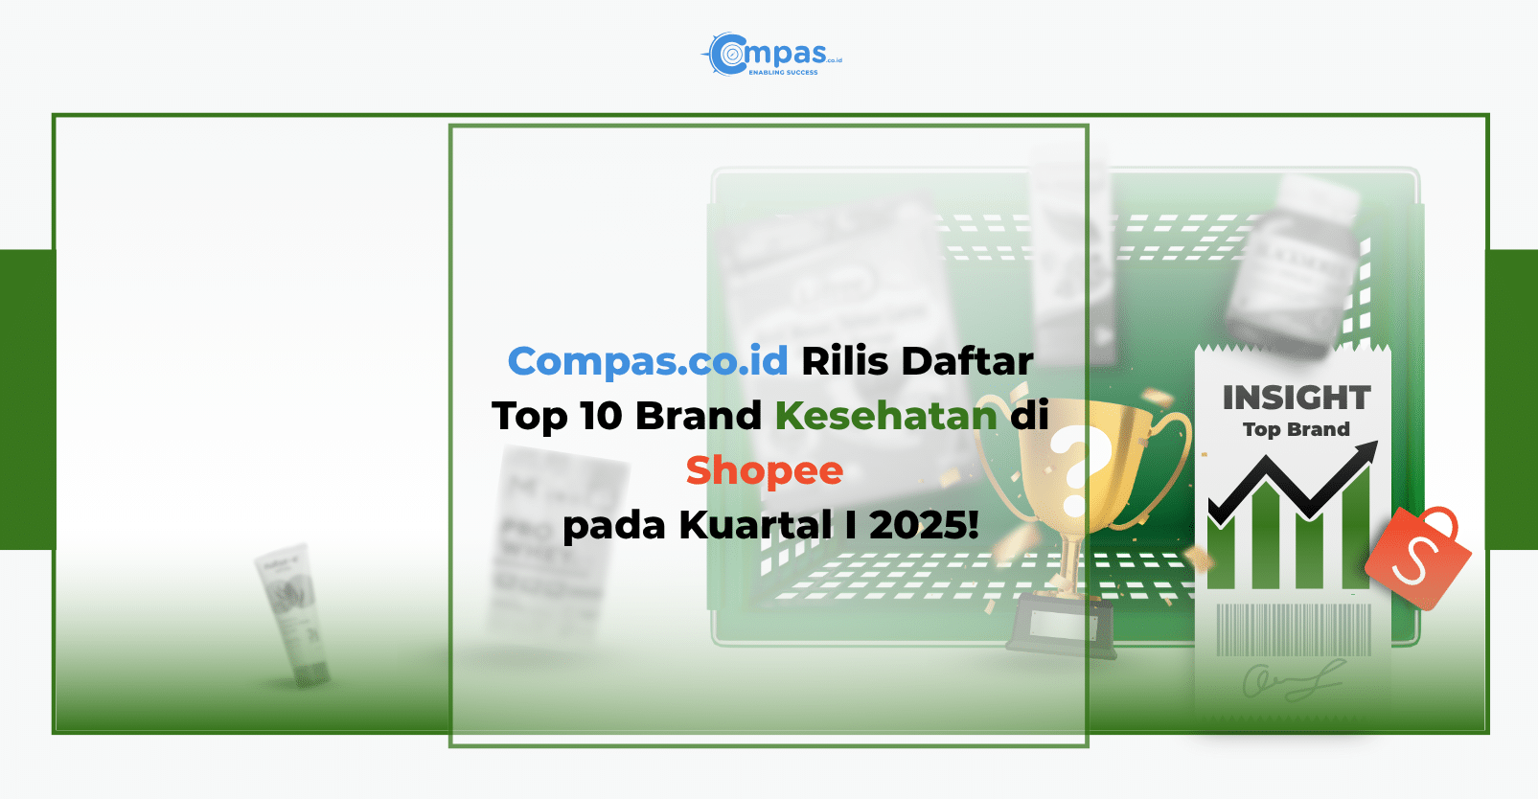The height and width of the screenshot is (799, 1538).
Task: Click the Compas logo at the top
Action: [771, 55]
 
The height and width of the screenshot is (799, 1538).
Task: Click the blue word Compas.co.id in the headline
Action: [648, 362]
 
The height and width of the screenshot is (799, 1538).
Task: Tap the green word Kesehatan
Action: [885, 416]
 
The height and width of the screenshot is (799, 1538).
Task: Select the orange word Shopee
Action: [764, 470]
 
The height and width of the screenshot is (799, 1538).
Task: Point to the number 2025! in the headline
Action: [924, 525]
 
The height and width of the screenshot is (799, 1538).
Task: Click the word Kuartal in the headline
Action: [756, 525]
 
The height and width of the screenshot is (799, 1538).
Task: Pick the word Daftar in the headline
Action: [967, 362]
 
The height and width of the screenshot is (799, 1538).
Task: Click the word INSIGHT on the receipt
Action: [1296, 398]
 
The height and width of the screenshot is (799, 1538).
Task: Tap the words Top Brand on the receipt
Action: [1296, 429]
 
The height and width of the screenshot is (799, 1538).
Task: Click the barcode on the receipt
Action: [1294, 629]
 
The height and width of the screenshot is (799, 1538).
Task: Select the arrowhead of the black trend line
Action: [1367, 451]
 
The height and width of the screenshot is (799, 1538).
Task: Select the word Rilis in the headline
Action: [844, 362]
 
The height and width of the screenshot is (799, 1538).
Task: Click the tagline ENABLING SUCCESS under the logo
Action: [783, 72]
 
